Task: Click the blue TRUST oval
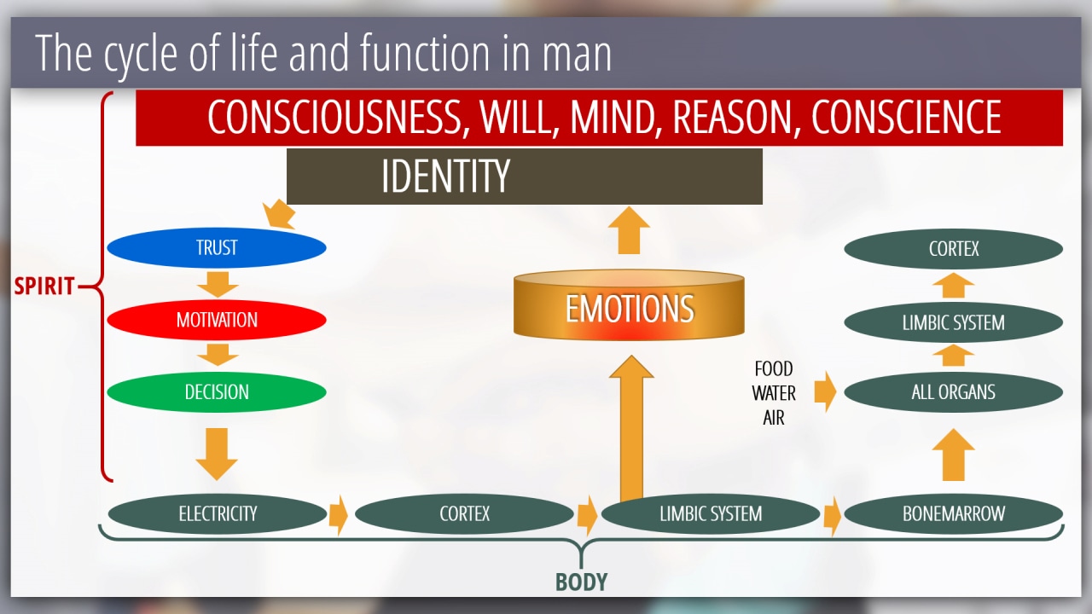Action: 217,247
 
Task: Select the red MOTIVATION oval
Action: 217,320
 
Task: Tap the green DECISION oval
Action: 217,391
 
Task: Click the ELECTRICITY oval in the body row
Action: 218,513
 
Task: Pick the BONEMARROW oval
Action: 954,513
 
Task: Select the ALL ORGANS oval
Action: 954,392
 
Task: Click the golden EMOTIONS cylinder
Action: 629,304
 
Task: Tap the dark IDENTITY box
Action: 525,177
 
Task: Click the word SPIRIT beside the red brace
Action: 44,286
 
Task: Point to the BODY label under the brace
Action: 582,582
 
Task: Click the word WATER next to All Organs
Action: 774,393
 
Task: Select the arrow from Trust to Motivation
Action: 218,285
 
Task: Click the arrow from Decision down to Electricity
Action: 217,455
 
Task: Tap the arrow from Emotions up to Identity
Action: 629,230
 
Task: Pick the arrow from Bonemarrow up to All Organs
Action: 954,455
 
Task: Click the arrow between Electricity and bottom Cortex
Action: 339,515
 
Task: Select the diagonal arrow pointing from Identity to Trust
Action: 279,214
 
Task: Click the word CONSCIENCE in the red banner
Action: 906,117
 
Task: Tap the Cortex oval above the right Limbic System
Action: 954,249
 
